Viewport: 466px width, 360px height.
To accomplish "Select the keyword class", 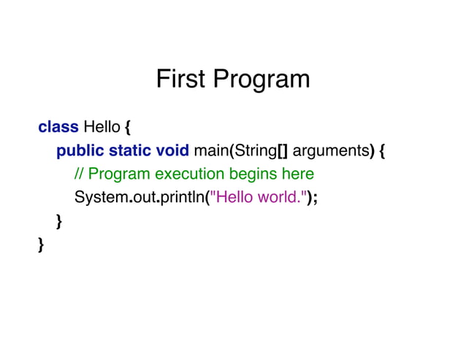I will coord(58,127).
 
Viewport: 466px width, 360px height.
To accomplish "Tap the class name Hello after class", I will coord(102,127).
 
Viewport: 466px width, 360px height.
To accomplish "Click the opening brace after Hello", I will coord(128,128).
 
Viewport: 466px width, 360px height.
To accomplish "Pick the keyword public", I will coord(80,151).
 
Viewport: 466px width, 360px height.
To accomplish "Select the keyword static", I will coord(131,151).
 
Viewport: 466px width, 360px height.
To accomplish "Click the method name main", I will coord(211,151).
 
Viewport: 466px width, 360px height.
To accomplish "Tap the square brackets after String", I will coord(283,151).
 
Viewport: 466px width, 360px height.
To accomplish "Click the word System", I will coord(101,198).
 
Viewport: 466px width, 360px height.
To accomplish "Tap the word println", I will coord(182,198).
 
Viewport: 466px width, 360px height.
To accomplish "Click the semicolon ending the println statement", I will coord(315,199).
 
